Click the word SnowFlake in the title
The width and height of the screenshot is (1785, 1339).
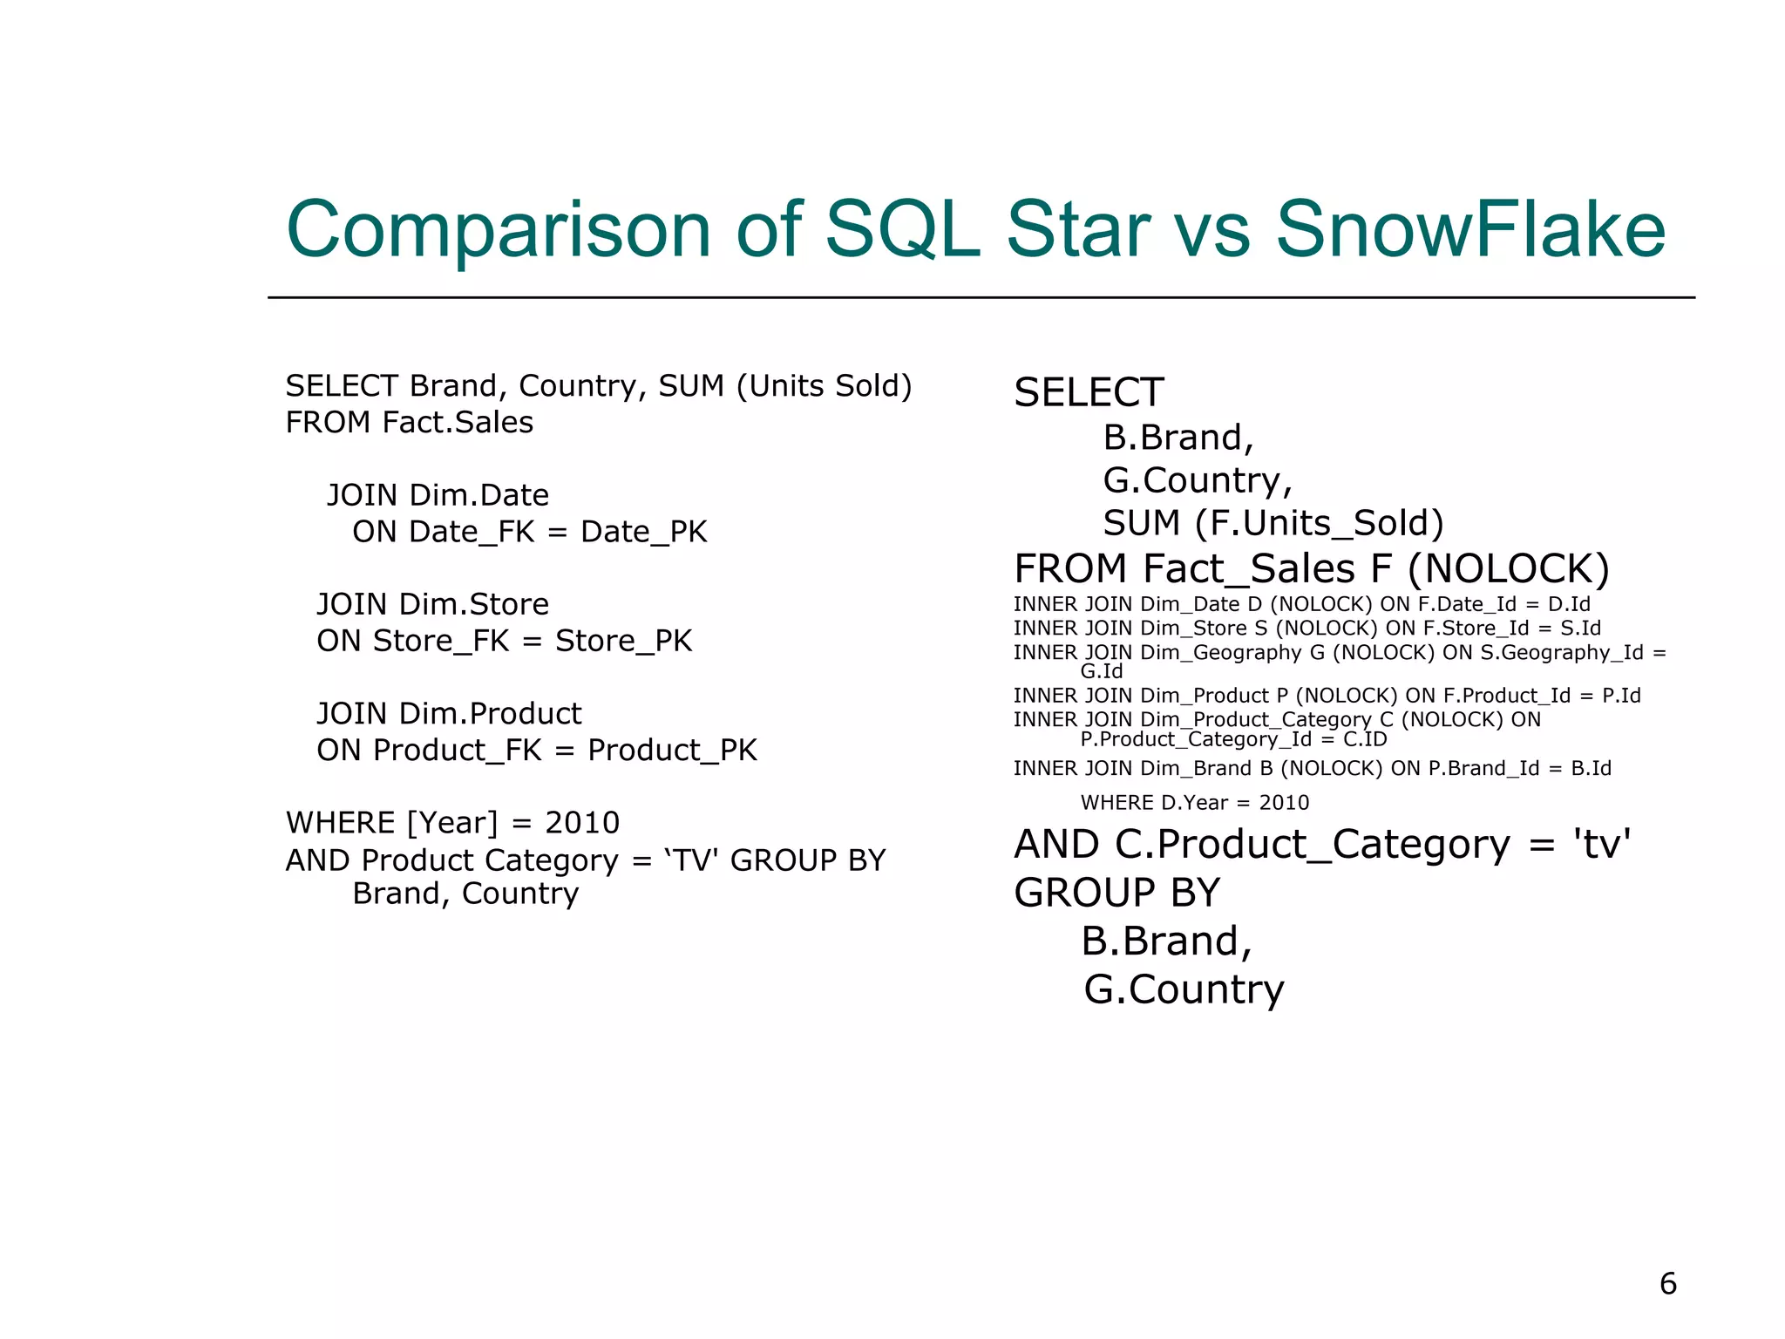click(x=1470, y=229)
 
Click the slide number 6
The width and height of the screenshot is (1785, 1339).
click(x=1667, y=1283)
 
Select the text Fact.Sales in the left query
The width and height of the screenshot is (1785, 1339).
click(x=458, y=423)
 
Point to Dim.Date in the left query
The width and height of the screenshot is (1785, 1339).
click(x=479, y=495)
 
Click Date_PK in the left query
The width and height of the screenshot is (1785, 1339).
click(x=643, y=532)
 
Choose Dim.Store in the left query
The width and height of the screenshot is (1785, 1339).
click(x=474, y=604)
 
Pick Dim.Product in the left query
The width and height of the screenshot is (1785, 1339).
click(x=490, y=714)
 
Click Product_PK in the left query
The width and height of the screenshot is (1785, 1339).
click(x=672, y=751)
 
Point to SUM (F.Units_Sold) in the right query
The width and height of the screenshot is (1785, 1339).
click(x=1273, y=523)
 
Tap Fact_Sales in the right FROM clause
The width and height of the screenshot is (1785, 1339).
click(x=1249, y=569)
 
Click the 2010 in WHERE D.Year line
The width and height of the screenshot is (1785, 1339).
click(x=1284, y=803)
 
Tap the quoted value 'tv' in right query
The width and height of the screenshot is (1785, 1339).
click(x=1601, y=844)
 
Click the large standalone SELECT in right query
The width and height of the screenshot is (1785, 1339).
click(x=1089, y=392)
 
